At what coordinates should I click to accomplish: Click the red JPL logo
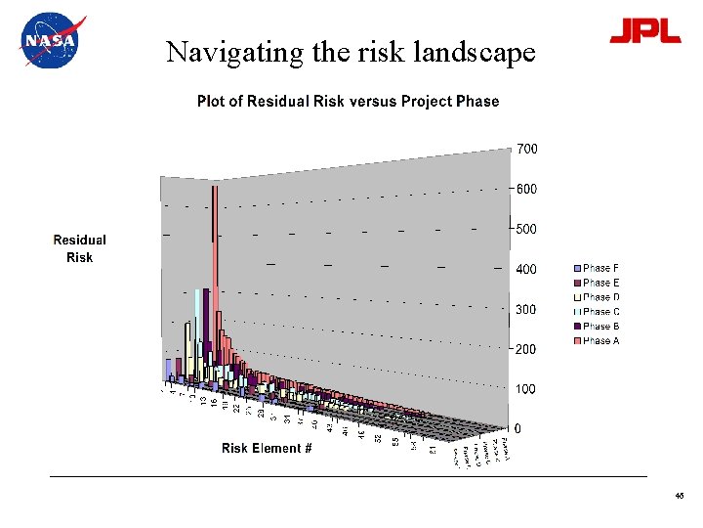(x=644, y=31)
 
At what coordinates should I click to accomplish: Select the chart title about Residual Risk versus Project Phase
(x=348, y=102)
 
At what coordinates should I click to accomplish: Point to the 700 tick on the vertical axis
(x=526, y=149)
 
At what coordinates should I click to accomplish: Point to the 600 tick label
(x=526, y=189)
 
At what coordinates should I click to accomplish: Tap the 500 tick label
(x=526, y=229)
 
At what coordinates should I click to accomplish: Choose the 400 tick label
(x=526, y=269)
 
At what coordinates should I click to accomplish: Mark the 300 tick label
(x=526, y=309)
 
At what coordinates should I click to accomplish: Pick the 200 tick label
(x=526, y=349)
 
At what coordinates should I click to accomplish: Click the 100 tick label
(x=526, y=389)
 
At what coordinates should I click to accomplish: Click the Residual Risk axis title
(x=79, y=248)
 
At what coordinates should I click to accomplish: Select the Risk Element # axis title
(x=267, y=449)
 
